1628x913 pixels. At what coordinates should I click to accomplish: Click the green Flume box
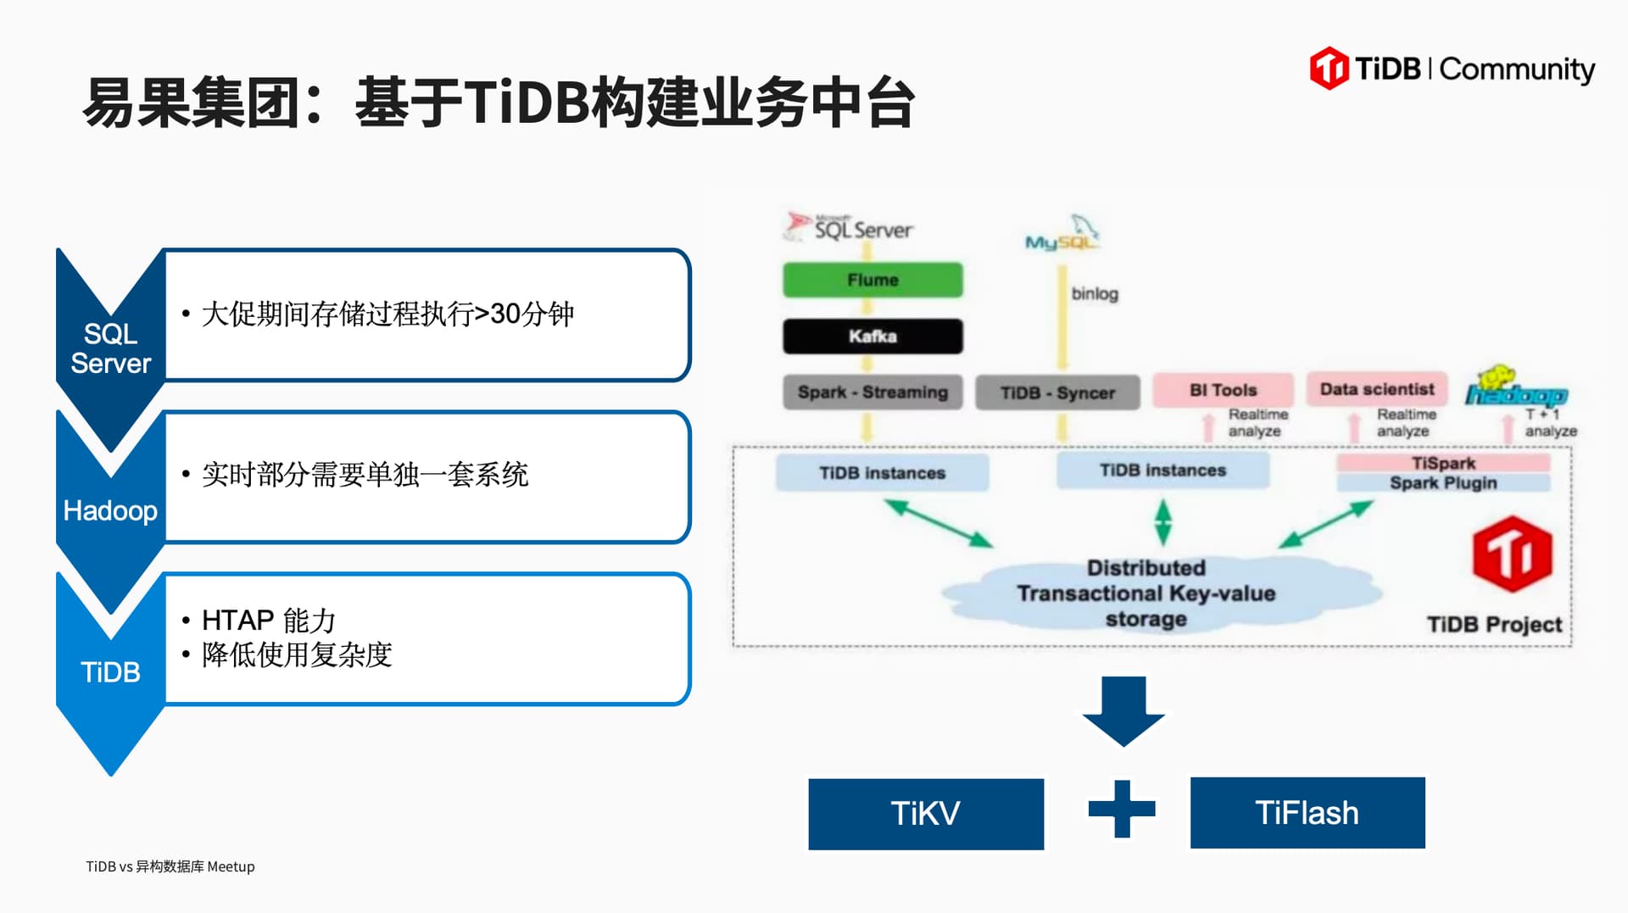coord(873,280)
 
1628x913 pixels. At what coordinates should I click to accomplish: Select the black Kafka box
coord(873,337)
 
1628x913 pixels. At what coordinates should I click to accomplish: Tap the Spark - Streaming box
coord(873,392)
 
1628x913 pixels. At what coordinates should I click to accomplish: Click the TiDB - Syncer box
coord(1057,393)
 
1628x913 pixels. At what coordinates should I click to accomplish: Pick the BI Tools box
coord(1223,390)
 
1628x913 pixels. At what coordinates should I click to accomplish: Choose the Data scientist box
coord(1377,389)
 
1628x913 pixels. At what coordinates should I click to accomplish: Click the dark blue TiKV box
coord(926,814)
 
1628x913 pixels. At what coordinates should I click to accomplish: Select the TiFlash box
coord(1307,813)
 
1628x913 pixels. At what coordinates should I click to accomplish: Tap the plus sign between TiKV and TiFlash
coord(1122,809)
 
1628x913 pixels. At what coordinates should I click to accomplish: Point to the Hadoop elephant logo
coord(1515,387)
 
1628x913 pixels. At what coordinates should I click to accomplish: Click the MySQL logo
coord(1062,235)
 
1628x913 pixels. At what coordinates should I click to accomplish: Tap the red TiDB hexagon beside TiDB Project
coord(1512,554)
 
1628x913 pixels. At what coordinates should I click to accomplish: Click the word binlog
coord(1095,294)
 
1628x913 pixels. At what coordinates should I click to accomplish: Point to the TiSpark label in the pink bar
coord(1443,463)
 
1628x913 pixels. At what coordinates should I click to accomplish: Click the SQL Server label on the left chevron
coord(110,348)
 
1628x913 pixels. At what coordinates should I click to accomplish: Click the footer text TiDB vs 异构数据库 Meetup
coord(170,866)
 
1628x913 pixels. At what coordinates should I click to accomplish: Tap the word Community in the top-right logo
coord(1517,70)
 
